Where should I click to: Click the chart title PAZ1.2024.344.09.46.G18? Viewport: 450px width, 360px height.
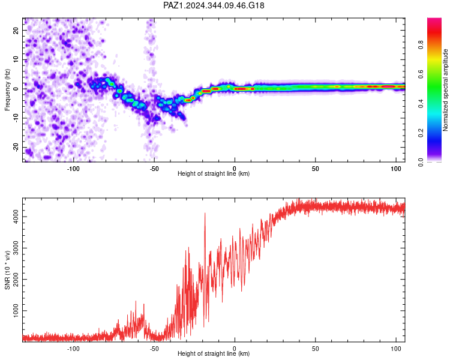coord(214,5)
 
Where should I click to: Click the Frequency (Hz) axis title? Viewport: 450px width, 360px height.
coord(7,90)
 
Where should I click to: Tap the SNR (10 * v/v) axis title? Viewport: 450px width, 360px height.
coord(7,270)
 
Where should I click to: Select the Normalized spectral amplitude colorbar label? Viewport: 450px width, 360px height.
coord(445,90)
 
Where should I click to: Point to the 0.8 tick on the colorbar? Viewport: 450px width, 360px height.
coord(421,45)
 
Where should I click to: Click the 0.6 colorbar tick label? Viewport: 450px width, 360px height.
coord(421,74)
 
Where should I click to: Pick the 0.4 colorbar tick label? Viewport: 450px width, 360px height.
coord(421,103)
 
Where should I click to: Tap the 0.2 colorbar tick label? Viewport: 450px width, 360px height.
coord(421,133)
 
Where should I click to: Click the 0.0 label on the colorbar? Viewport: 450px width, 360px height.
coord(421,162)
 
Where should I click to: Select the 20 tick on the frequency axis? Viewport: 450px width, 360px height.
coord(16,31)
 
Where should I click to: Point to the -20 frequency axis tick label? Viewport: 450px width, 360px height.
coord(16,148)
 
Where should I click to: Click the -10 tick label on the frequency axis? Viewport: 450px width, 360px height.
coord(16,118)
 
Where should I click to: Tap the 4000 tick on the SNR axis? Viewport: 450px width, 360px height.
coord(16,217)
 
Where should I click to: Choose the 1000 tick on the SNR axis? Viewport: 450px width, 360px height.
coord(16,311)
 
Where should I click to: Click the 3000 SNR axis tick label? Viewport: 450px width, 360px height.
coord(16,248)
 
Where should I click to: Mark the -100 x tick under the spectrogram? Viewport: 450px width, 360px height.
coord(73,169)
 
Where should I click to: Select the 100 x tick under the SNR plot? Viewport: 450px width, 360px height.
coord(396,349)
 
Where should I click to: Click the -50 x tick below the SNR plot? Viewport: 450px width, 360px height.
coord(154,349)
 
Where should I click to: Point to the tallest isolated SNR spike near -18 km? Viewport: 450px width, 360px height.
coord(205,214)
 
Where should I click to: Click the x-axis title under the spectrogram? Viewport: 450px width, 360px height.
coord(214,173)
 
